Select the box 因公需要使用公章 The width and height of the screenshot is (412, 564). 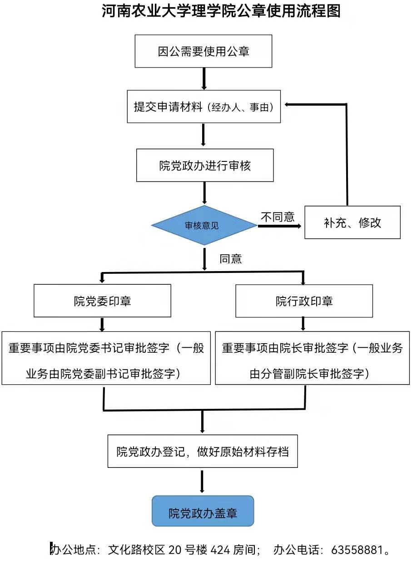click(x=203, y=51)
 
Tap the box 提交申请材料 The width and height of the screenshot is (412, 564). click(x=204, y=107)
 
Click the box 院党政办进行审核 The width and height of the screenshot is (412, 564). click(x=205, y=165)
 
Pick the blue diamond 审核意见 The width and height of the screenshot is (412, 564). click(x=204, y=225)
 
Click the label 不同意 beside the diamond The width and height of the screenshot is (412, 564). click(x=277, y=217)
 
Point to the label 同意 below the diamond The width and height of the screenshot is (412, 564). click(x=230, y=259)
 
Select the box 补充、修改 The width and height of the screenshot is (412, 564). click(x=352, y=223)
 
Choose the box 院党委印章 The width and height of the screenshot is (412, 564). click(x=102, y=301)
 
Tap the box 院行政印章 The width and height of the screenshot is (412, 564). click(x=304, y=301)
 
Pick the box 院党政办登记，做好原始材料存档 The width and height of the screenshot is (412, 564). click(x=202, y=452)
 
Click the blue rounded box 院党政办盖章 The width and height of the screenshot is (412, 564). click(x=203, y=511)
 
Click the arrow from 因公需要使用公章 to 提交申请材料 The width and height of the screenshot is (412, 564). click(x=204, y=79)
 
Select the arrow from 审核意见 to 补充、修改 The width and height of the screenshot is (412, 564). click(x=280, y=225)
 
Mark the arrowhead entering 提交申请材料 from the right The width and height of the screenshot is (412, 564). click(x=288, y=105)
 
